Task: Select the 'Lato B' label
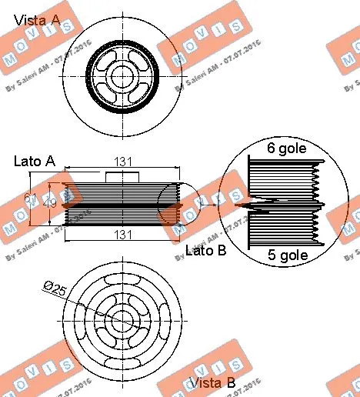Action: (205, 250)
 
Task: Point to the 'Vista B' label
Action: (213, 383)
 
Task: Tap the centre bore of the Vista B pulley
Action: (122, 319)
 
